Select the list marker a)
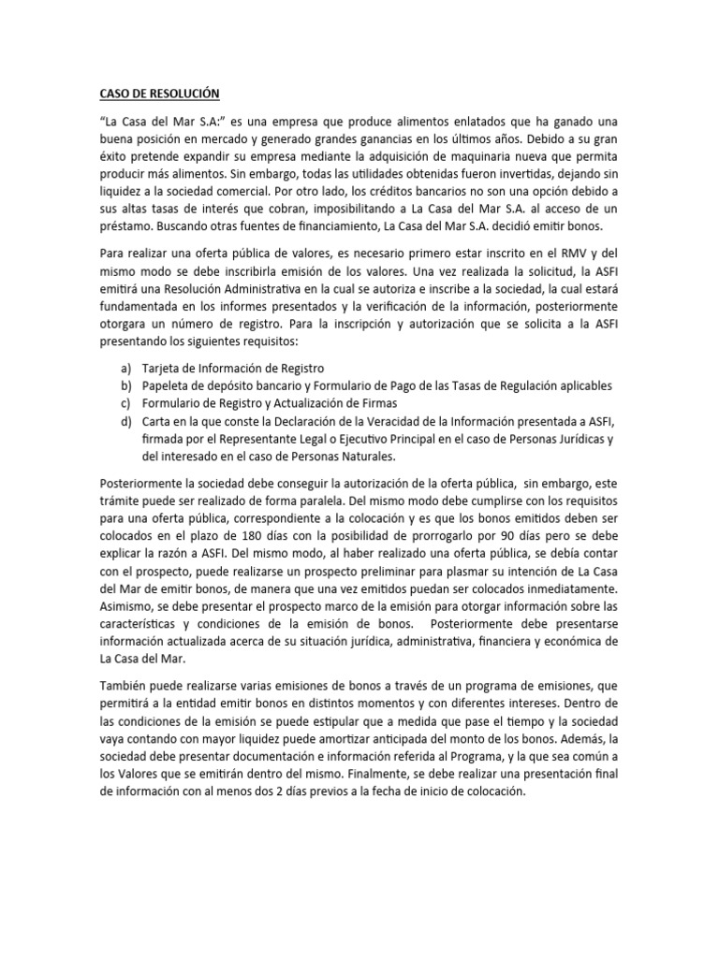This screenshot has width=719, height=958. [125, 369]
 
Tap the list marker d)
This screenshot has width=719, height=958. [125, 422]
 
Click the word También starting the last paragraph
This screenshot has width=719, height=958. [128, 686]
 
